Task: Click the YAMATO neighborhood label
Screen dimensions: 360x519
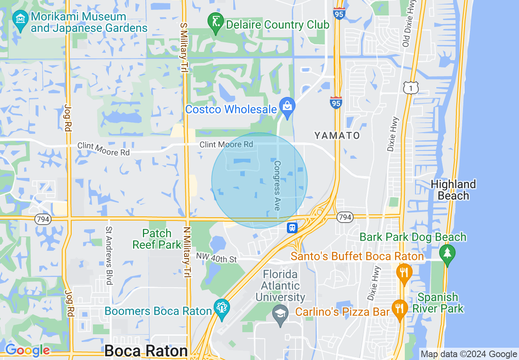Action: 337,135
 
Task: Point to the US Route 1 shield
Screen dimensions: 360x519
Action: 411,87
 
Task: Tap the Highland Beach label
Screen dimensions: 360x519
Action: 453,190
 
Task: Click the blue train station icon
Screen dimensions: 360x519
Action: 292,227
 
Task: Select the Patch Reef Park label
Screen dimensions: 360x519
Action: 157,239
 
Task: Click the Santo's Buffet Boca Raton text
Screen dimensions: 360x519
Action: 357,256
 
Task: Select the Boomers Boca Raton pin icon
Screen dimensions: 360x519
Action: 222,308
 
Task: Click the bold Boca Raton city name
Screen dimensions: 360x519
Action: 146,351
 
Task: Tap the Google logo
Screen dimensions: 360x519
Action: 27,350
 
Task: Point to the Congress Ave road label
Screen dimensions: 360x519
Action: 278,185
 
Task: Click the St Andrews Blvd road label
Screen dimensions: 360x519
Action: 109,256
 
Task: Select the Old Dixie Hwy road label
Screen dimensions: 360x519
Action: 406,24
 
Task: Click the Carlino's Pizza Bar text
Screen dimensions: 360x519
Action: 342,312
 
